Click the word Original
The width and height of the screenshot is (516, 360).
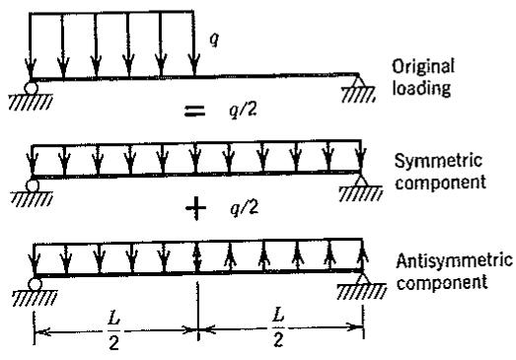point(423,67)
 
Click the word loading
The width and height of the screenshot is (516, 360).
point(421,89)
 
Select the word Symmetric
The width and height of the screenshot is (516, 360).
point(438,161)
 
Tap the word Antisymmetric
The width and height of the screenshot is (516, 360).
point(455,261)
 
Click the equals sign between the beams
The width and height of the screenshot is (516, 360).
point(194,110)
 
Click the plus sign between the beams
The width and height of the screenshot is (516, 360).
point(196,208)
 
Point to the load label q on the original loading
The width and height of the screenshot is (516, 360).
point(214,39)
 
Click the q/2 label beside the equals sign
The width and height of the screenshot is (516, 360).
point(243,109)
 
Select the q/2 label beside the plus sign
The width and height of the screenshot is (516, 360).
point(244,208)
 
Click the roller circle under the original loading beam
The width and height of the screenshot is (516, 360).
point(31,88)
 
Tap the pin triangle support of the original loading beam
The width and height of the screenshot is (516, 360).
point(358,81)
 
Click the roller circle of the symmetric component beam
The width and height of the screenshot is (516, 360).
point(33,185)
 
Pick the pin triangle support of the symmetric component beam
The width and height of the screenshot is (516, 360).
point(361,180)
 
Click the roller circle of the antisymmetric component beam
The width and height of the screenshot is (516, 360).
point(35,284)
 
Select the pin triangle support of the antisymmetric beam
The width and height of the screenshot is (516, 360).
point(363,279)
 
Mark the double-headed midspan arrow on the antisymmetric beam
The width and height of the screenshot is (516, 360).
point(196,256)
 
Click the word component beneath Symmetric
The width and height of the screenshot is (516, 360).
point(440,182)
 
